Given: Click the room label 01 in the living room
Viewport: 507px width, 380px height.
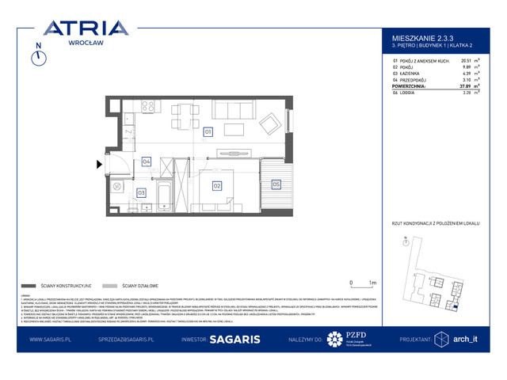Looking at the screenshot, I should (208, 131).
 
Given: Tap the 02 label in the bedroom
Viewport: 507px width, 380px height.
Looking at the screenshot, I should (215, 185).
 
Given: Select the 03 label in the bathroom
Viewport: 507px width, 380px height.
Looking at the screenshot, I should (141, 192).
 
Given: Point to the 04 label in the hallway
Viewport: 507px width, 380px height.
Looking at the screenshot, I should (146, 161).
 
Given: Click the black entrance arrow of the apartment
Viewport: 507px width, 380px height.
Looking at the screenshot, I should (98, 165).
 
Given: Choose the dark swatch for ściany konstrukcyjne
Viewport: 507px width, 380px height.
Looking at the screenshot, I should (30, 285).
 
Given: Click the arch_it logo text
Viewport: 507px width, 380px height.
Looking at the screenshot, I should (467, 340).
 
